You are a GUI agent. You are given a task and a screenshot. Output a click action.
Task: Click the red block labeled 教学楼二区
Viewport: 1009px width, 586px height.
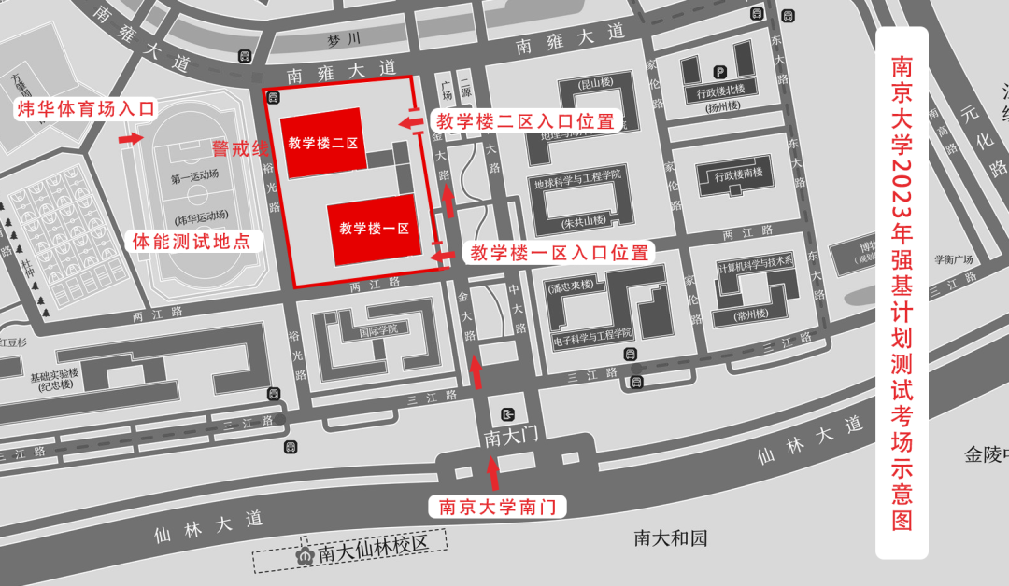(322, 144)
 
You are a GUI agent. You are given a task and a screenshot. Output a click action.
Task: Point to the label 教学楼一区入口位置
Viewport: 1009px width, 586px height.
(559, 253)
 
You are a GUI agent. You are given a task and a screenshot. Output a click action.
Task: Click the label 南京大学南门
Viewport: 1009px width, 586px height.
(497, 508)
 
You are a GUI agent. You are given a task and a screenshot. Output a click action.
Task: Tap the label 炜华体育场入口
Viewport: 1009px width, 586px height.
(85, 108)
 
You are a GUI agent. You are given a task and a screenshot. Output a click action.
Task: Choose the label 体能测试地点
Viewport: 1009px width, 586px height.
(192, 242)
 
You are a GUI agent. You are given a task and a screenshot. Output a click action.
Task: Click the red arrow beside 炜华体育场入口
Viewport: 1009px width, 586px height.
(130, 139)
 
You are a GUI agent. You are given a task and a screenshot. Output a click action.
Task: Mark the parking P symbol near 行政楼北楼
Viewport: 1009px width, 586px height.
(719, 72)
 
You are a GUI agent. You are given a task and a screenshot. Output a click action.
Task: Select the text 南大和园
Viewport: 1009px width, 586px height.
(671, 538)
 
